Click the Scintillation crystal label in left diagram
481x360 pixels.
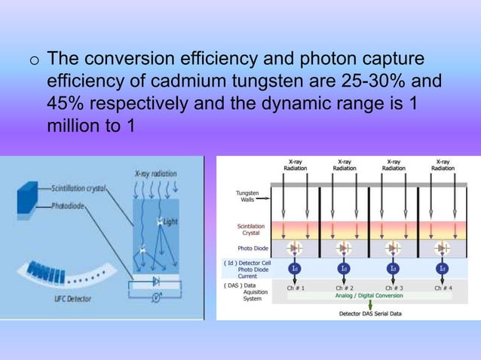[78, 185]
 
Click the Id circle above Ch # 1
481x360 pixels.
[293, 267]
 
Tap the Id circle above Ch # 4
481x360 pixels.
[442, 267]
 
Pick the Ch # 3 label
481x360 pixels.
[392, 286]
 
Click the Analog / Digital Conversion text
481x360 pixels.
[367, 296]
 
